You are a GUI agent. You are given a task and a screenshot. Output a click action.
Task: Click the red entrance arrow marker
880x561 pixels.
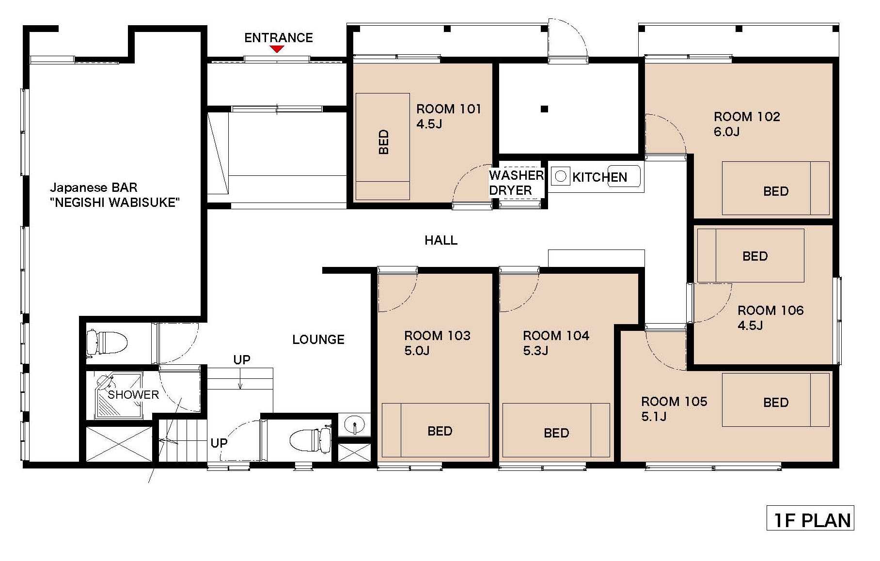coord(277,49)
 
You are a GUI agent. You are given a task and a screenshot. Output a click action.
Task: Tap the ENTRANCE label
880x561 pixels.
coord(279,38)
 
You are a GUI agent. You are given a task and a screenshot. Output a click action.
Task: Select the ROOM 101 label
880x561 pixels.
coord(449,109)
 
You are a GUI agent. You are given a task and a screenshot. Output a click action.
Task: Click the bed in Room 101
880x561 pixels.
coord(383,146)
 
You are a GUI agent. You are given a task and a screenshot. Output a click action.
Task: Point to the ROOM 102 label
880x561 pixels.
coord(747,117)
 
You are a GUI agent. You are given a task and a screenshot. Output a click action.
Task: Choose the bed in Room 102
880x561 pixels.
coord(775,188)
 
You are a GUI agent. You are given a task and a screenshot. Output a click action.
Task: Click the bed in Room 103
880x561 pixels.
coord(435,430)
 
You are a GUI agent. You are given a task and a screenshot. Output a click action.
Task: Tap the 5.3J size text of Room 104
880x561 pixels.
coord(535,351)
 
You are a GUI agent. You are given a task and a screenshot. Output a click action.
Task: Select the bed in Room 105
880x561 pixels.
coord(775,400)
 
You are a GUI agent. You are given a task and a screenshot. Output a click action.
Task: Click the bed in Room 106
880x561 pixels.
coord(751,255)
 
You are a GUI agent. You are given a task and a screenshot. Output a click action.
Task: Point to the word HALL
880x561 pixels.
coord(441,240)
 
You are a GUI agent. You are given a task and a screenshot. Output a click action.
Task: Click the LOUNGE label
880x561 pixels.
coord(318,340)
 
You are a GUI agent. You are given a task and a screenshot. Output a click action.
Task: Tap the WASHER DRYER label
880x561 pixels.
coord(516,183)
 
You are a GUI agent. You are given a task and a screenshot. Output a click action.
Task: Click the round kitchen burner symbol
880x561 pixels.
coord(561,176)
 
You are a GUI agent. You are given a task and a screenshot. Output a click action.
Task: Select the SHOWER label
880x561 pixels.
coord(133,395)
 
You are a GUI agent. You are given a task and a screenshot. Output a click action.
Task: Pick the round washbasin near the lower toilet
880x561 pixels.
coord(354,425)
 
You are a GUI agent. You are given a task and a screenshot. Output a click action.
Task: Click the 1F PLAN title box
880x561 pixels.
coord(810,518)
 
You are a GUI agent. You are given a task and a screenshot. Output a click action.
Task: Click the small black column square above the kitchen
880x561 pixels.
coord(544,109)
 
